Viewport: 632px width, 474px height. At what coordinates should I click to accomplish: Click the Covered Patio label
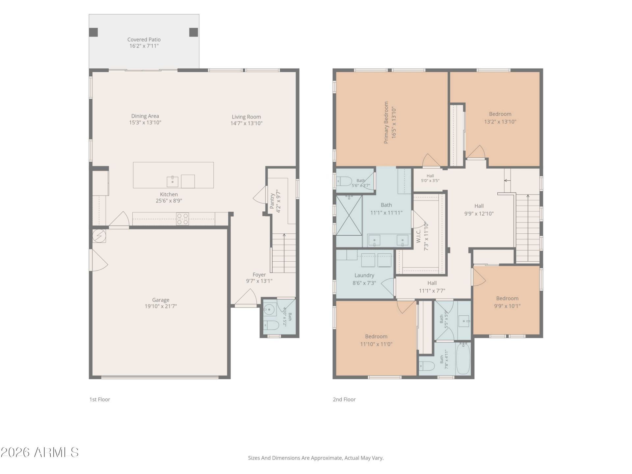tap(144, 39)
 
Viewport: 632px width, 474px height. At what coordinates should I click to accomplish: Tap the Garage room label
tap(161, 300)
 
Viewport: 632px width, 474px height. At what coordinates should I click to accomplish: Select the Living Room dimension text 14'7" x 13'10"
tap(246, 123)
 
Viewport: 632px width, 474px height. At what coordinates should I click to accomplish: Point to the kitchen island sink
tap(172, 181)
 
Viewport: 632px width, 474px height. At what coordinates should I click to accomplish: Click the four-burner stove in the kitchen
tap(182, 219)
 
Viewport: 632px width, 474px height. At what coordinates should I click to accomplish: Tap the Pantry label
tap(272, 201)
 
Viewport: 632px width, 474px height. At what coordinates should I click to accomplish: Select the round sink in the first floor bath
tap(270, 309)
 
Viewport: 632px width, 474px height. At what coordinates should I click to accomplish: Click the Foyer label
tap(259, 275)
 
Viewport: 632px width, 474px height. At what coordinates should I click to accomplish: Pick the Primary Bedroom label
tap(386, 122)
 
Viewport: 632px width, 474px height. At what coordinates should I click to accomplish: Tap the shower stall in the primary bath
tap(349, 215)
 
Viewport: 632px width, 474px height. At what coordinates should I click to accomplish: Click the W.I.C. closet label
tap(419, 236)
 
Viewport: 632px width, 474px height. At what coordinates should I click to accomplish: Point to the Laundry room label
tap(364, 276)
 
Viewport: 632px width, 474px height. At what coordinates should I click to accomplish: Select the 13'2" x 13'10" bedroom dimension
tap(500, 122)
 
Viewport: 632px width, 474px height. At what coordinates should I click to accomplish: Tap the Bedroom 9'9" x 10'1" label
tap(507, 299)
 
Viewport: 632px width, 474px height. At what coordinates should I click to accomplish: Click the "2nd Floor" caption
tap(344, 399)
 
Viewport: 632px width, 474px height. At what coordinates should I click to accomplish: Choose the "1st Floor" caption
tap(100, 399)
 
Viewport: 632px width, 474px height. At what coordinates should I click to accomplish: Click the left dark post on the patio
tap(93, 32)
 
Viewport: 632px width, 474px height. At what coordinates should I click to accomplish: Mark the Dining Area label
tap(145, 116)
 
